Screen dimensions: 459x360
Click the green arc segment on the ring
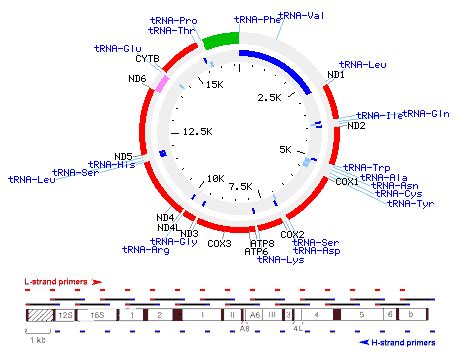pyautogui.click(x=220, y=39)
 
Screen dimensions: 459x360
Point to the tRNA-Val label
pyautogui.click(x=302, y=16)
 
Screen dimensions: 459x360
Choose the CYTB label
pyautogui.click(x=148, y=59)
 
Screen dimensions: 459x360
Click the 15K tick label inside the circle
pyautogui.click(x=213, y=86)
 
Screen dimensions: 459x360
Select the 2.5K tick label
pyautogui.click(x=270, y=97)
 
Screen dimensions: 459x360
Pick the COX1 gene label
pyautogui.click(x=346, y=182)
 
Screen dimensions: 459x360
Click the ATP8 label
pyautogui.click(x=262, y=243)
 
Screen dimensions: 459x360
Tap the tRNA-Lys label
pyautogui.click(x=281, y=260)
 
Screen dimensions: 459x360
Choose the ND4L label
pyautogui.click(x=167, y=227)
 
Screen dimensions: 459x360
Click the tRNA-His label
pyautogui.click(x=112, y=165)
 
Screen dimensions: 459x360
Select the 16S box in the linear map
pyautogui.click(x=97, y=314)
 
